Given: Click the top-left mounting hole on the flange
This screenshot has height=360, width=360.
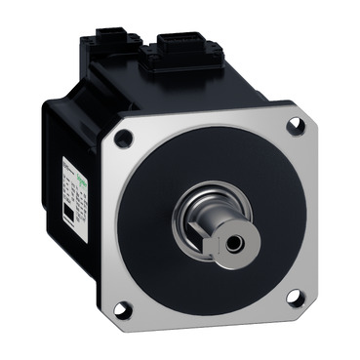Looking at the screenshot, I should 123,140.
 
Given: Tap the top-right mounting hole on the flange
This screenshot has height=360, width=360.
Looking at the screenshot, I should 296,126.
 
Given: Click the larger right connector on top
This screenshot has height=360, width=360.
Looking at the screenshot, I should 176,44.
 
